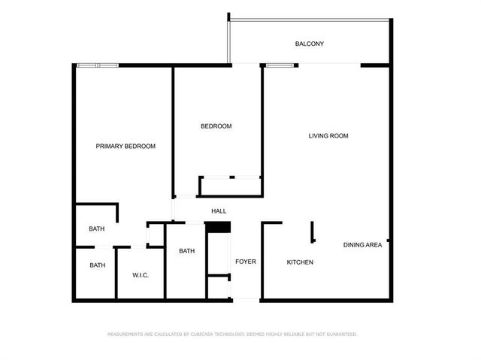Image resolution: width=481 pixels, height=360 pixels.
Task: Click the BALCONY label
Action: click(x=310, y=44)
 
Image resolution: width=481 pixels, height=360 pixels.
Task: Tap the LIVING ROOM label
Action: click(x=328, y=136)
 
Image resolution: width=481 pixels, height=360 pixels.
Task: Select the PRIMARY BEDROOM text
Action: click(x=126, y=146)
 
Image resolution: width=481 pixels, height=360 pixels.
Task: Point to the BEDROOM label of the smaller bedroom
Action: click(x=216, y=126)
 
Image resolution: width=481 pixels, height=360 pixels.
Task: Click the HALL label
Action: click(x=219, y=211)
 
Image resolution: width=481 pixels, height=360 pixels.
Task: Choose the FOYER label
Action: click(x=246, y=262)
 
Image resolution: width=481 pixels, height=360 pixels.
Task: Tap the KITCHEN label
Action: click(x=300, y=262)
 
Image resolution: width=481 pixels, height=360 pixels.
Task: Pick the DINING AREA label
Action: click(x=363, y=245)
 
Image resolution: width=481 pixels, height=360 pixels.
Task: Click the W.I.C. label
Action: click(x=141, y=275)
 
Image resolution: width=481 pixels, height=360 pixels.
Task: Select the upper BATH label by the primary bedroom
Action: click(x=97, y=228)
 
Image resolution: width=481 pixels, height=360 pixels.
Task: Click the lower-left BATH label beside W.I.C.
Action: click(x=98, y=265)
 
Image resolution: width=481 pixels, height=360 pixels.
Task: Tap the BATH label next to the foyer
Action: click(x=187, y=251)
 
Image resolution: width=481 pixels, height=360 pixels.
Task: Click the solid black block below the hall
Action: click(x=217, y=227)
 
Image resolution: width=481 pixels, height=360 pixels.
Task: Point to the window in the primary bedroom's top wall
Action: click(x=98, y=66)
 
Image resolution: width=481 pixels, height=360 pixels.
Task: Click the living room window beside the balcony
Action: click(x=281, y=66)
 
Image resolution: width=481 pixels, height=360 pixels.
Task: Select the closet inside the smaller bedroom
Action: click(x=230, y=186)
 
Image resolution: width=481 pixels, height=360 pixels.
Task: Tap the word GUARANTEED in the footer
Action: click(x=340, y=334)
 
